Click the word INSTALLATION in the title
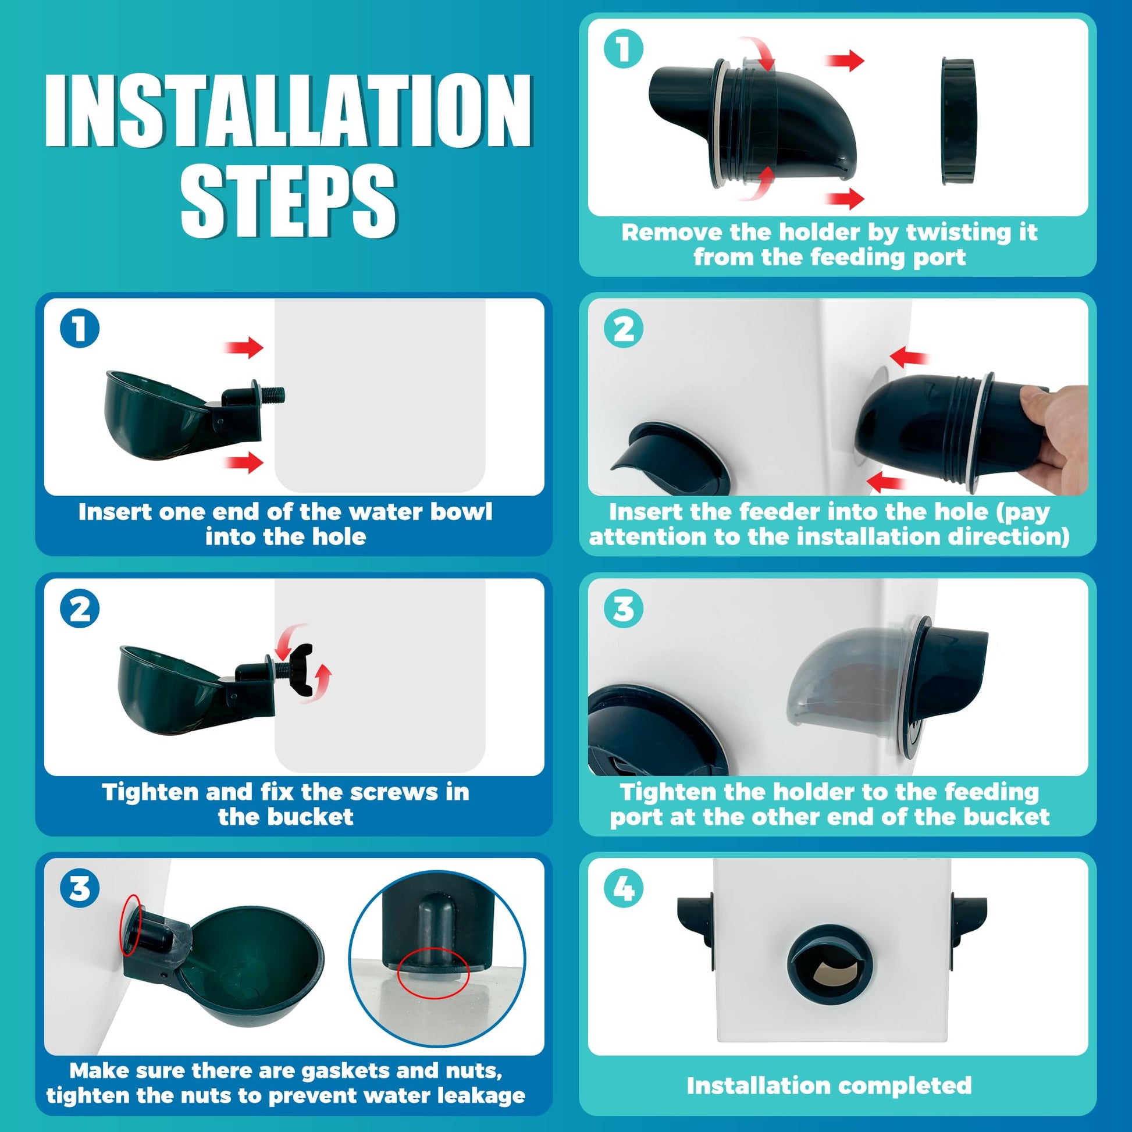(x=289, y=111)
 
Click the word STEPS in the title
(x=289, y=201)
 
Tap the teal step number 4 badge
(x=624, y=888)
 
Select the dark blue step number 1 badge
(x=80, y=328)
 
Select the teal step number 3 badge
(x=624, y=608)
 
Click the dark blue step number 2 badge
(x=80, y=608)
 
